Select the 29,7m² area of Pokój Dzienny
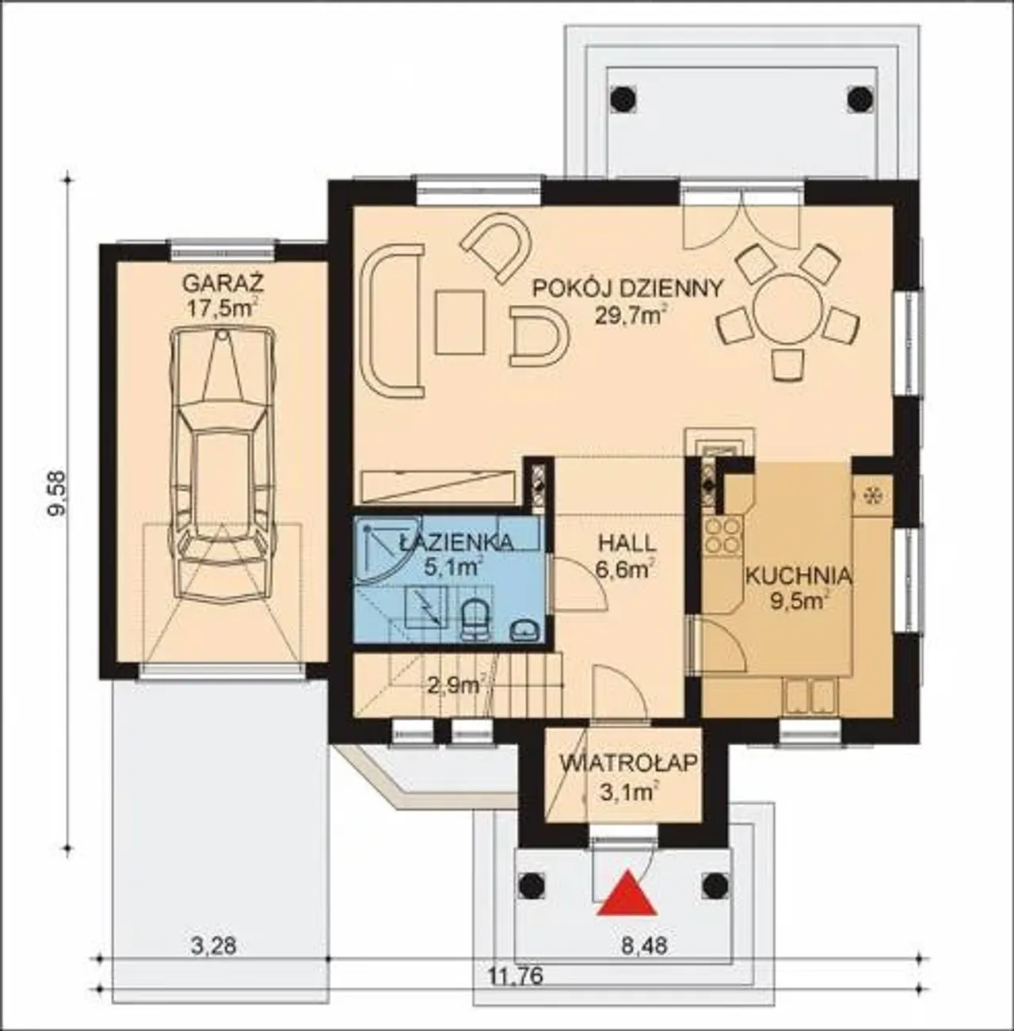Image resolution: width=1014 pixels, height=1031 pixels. click(x=631, y=315)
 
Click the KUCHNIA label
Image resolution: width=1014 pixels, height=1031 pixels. click(x=799, y=576)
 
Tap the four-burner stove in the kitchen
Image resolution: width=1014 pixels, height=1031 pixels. click(x=723, y=537)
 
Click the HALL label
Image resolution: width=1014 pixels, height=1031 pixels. click(x=627, y=544)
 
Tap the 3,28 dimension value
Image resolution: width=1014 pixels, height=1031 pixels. click(x=214, y=946)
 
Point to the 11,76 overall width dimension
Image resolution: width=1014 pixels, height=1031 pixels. click(x=516, y=976)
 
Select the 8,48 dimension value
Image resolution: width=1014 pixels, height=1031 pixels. click(x=644, y=946)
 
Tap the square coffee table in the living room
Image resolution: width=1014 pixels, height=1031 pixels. click(x=461, y=322)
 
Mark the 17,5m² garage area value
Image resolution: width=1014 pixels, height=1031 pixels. click(x=223, y=309)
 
